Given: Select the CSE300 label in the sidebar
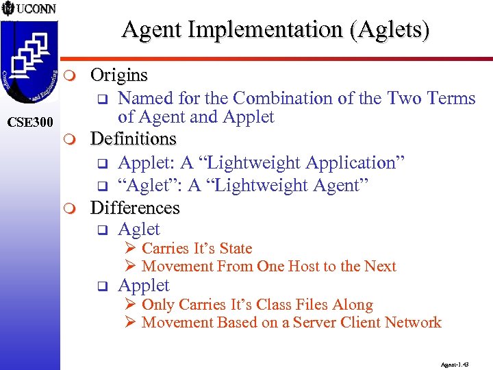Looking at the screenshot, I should (x=29, y=123).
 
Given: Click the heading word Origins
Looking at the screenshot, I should (x=119, y=74).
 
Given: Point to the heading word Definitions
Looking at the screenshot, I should (x=134, y=139).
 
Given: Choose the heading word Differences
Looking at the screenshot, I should (x=135, y=208).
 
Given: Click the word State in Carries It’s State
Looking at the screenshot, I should (x=235, y=249).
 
